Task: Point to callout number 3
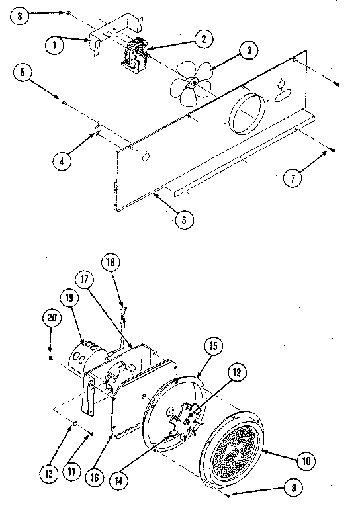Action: coord(248,50)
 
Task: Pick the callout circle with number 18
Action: coord(111,262)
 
